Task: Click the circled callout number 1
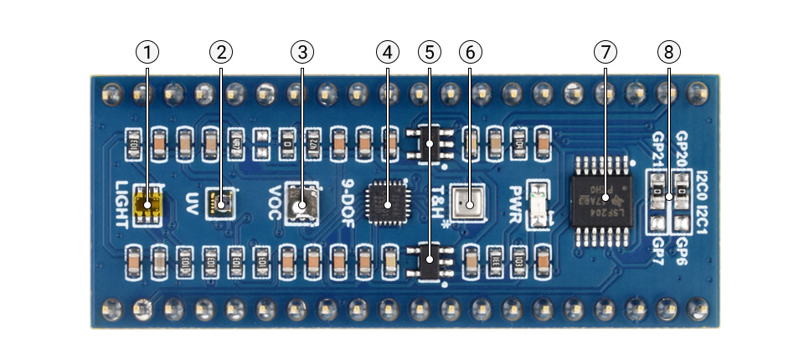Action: point(147,52)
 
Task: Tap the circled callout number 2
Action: point(220,52)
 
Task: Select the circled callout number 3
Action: point(301,52)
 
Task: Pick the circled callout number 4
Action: point(387,52)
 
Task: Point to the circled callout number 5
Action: point(430,52)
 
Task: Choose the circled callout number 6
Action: point(471,52)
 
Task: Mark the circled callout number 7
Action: point(605,52)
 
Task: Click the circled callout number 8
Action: point(668,52)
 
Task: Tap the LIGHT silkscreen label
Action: point(122,204)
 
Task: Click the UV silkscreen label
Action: point(192,203)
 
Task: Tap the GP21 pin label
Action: point(658,152)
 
